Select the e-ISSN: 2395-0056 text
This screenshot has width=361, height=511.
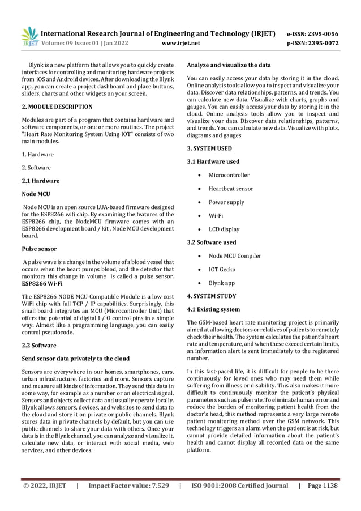tap(315, 33)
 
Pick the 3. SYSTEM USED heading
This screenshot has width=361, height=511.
tap(209, 148)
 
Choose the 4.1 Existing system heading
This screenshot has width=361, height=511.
tap(213, 309)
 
